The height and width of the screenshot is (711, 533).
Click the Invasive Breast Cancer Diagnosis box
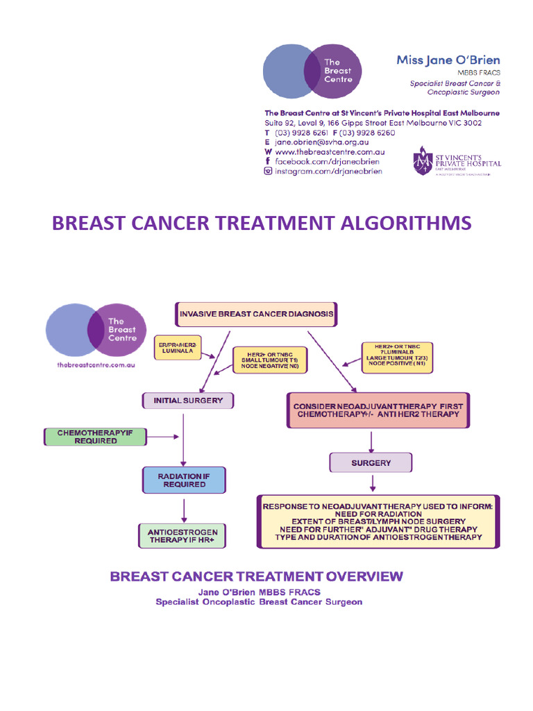257,314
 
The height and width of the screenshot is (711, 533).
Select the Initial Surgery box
188,400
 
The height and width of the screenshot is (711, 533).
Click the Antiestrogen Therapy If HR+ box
183,537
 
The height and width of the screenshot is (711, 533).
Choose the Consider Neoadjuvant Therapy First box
378,410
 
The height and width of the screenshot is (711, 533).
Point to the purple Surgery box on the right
371,462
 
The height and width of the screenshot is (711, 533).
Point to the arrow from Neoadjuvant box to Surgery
372,440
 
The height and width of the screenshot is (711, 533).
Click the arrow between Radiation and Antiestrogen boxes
184,509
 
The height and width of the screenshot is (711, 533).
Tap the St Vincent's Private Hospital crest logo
423,160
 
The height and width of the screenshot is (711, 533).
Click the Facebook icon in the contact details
268,161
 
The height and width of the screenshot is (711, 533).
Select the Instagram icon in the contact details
268,172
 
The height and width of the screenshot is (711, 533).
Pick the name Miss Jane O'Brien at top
448,60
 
